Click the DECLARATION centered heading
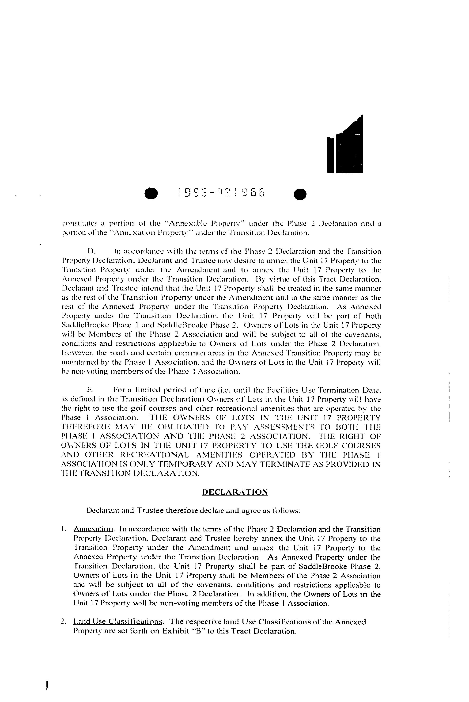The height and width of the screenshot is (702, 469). (x=235, y=492)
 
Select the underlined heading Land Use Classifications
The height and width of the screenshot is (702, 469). (x=118, y=622)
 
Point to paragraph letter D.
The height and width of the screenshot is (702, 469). (x=91, y=251)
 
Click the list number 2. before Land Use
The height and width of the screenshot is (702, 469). (x=63, y=622)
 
